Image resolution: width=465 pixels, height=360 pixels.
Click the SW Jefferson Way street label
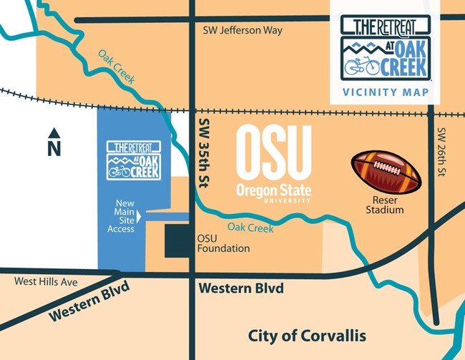pos(243,31)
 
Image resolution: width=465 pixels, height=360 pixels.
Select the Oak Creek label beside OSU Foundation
pos(250,228)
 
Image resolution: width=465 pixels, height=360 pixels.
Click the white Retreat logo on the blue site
pos(133,159)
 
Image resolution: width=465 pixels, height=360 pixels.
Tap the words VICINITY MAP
pos(385,92)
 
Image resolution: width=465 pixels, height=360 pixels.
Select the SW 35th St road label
pos(201,153)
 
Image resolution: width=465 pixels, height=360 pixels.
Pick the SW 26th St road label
pos(441,153)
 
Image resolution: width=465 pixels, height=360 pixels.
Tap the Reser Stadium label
pos(384,205)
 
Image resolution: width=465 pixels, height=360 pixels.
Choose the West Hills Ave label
pos(46,282)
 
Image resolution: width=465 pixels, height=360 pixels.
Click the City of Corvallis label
pos(306,336)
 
